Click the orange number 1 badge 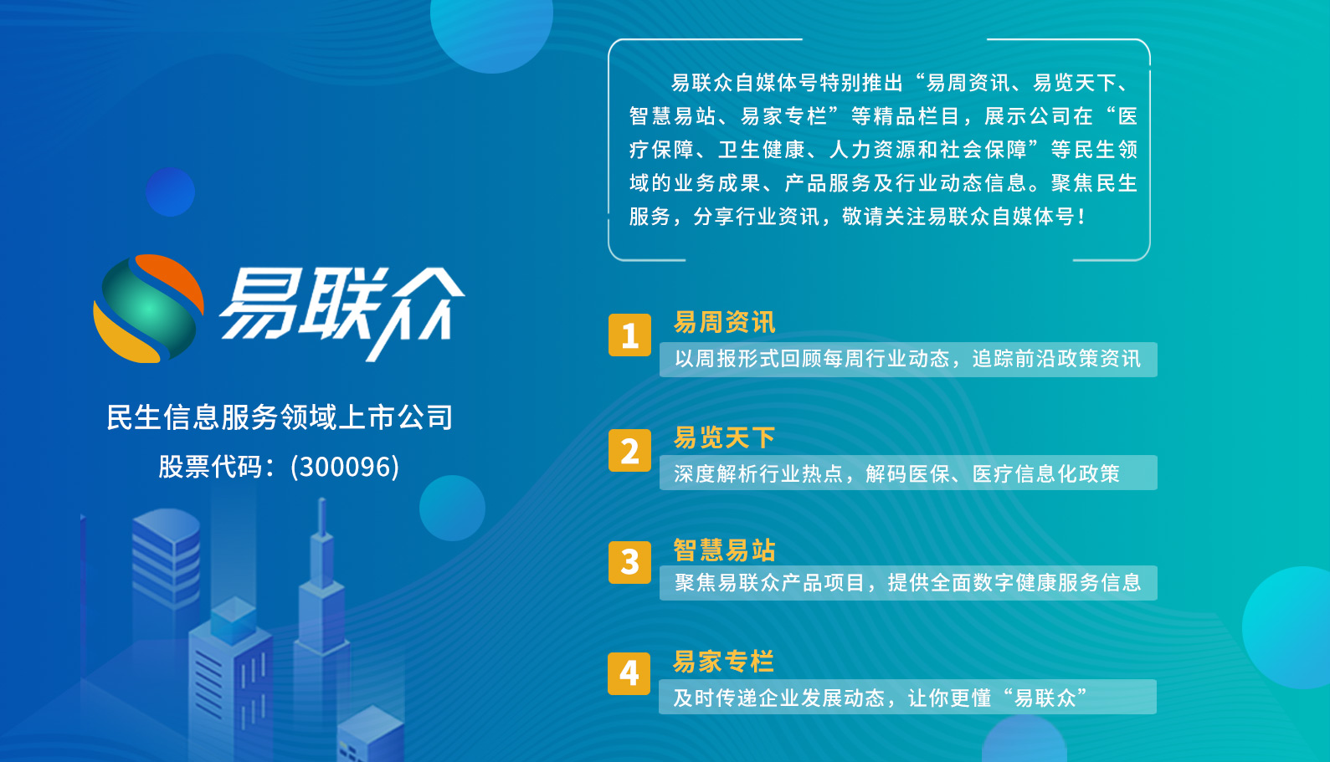(x=629, y=335)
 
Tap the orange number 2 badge (x=629, y=451)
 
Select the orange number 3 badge (x=629, y=562)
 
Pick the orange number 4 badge (x=629, y=673)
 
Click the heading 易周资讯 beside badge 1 (x=724, y=322)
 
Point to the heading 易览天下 (x=724, y=437)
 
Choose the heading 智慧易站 (x=724, y=550)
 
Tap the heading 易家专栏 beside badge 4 (x=723, y=662)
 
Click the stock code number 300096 (x=345, y=467)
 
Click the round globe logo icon (x=148, y=309)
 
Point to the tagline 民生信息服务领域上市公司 (x=280, y=417)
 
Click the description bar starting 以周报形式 (x=907, y=360)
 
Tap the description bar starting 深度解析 (x=907, y=473)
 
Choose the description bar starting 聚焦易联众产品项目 (x=907, y=583)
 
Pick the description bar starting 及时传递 (x=907, y=698)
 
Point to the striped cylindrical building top (x=166, y=552)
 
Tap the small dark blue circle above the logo (x=170, y=192)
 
